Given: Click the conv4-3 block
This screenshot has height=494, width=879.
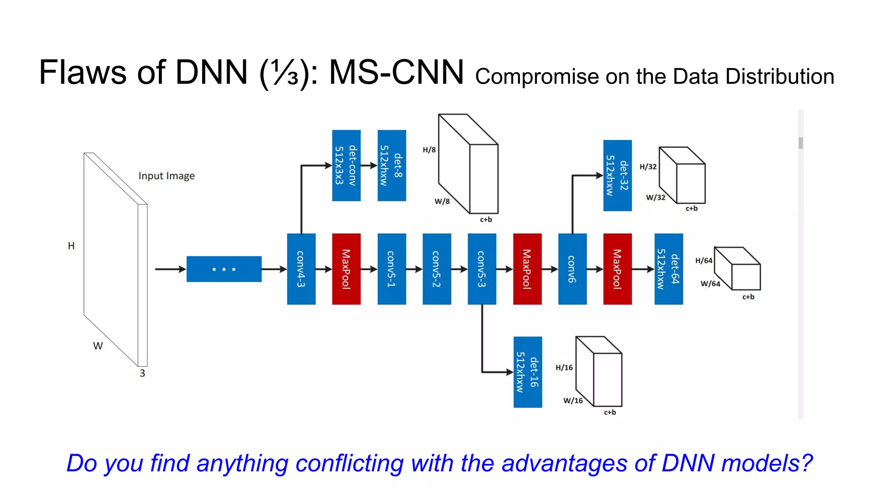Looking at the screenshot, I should (x=301, y=269).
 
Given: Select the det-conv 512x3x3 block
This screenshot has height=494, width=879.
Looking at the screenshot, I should (x=346, y=166).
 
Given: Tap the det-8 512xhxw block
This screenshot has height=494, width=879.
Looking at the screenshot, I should (x=391, y=166).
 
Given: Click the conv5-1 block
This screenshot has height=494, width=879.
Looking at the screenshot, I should (x=391, y=269).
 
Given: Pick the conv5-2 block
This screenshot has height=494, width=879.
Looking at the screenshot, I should (x=436, y=269).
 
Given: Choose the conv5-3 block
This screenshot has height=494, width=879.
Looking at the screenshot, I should (x=482, y=269).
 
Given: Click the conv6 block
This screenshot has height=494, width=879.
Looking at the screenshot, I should (x=572, y=269).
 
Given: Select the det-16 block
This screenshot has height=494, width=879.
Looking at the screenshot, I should (x=527, y=372).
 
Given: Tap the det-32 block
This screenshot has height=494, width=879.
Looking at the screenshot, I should (x=617, y=175).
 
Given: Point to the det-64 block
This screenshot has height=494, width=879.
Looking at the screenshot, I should (x=668, y=269).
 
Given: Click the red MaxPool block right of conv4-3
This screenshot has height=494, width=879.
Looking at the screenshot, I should (x=346, y=269).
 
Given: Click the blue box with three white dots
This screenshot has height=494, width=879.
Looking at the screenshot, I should (x=224, y=269).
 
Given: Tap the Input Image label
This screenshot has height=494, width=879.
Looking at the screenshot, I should (x=167, y=176).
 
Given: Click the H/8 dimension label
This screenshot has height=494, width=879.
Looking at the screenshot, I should (x=429, y=150).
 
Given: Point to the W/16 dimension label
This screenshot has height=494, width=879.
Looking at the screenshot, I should (x=573, y=401).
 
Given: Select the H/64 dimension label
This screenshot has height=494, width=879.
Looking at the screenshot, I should (x=703, y=260).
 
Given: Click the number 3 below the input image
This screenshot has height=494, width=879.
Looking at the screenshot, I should (x=142, y=373).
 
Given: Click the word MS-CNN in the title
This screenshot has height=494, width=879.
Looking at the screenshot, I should (x=396, y=72).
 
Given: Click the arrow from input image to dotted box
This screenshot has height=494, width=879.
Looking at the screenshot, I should (x=170, y=269).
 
